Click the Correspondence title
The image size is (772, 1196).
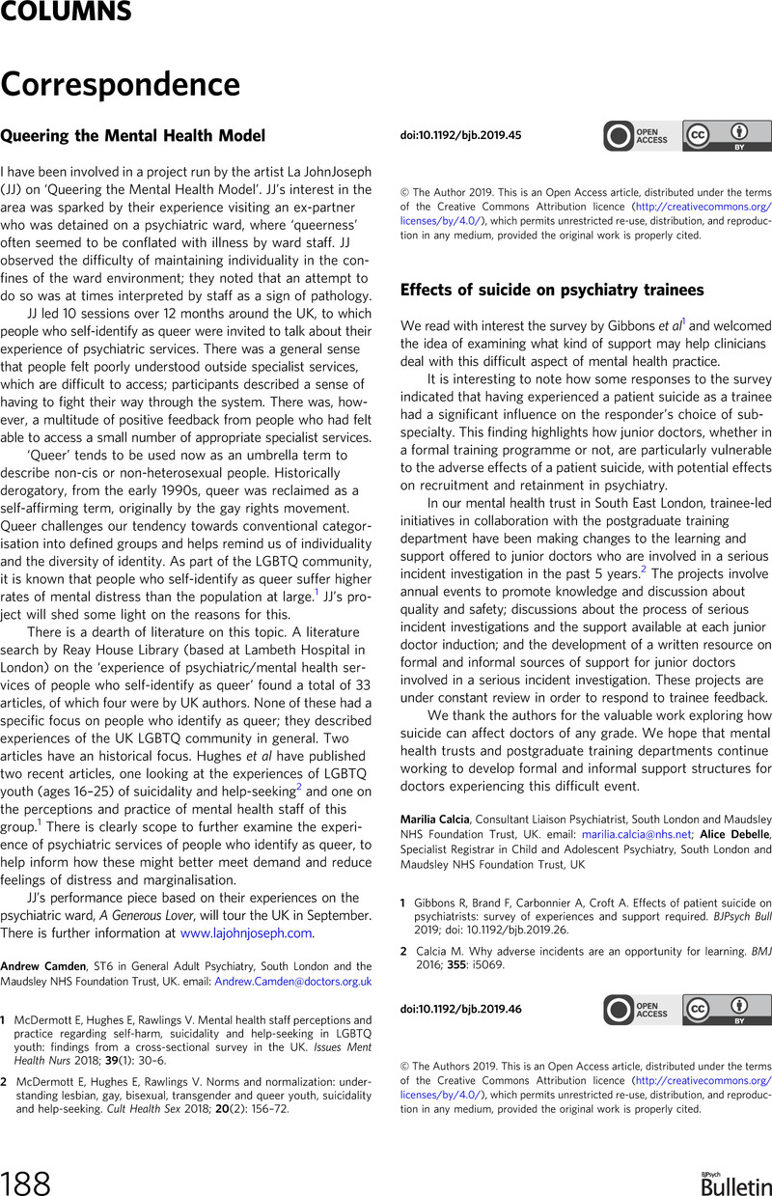pyautogui.click(x=121, y=85)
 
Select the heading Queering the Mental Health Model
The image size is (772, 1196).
pyautogui.click(x=134, y=137)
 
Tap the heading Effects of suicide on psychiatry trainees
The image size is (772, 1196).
pyautogui.click(x=552, y=290)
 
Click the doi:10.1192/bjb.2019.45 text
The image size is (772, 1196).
pyautogui.click(x=461, y=136)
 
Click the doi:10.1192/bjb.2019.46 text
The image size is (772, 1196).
pyautogui.click(x=461, y=1008)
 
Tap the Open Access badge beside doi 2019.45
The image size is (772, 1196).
pyautogui.click(x=639, y=135)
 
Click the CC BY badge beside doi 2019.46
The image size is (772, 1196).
pyautogui.click(x=726, y=1008)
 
